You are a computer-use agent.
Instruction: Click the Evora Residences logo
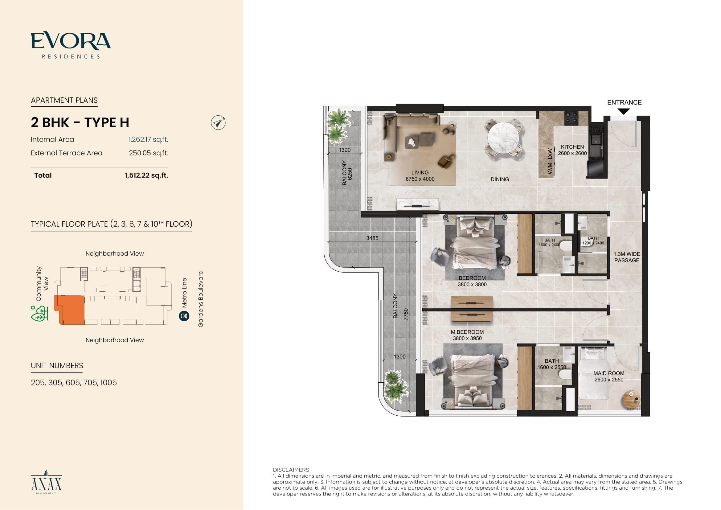(71, 45)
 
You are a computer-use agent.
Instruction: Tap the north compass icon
(218, 122)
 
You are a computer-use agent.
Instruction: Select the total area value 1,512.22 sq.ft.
(146, 175)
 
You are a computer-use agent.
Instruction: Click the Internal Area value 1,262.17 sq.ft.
(148, 139)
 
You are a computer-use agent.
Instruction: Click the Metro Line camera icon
(184, 316)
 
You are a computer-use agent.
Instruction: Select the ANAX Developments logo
(46, 482)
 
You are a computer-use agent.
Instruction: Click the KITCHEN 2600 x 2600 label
(572, 150)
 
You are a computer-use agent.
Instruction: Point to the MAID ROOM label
(608, 373)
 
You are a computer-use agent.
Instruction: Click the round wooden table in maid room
(631, 399)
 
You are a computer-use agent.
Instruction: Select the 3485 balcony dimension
(372, 238)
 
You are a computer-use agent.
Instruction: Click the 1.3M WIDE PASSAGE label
(626, 257)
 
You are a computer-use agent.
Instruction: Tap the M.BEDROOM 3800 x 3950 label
(467, 335)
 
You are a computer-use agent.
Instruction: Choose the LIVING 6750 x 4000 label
(420, 176)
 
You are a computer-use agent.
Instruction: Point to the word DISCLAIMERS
(291, 470)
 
